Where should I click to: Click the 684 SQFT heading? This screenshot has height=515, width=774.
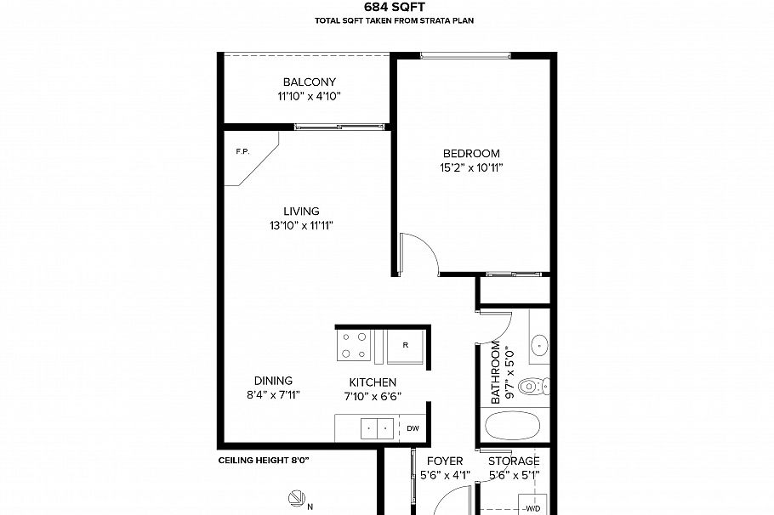[388, 7]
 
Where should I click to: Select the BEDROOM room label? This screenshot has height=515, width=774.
[470, 154]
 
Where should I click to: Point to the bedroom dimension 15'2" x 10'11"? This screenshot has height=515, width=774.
[470, 168]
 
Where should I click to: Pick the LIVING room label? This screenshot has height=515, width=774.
[301, 212]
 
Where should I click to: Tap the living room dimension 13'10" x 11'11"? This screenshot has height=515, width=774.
[302, 226]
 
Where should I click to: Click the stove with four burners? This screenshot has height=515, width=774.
[354, 345]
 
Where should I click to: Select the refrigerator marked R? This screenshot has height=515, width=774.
[405, 346]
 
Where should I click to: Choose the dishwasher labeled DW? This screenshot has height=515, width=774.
[413, 428]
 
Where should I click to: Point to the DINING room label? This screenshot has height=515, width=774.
[273, 381]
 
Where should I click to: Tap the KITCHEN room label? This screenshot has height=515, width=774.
[373, 382]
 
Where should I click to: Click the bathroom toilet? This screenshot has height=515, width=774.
[531, 387]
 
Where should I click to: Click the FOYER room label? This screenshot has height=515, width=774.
[445, 461]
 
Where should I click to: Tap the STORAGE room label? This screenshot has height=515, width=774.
[514, 461]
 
